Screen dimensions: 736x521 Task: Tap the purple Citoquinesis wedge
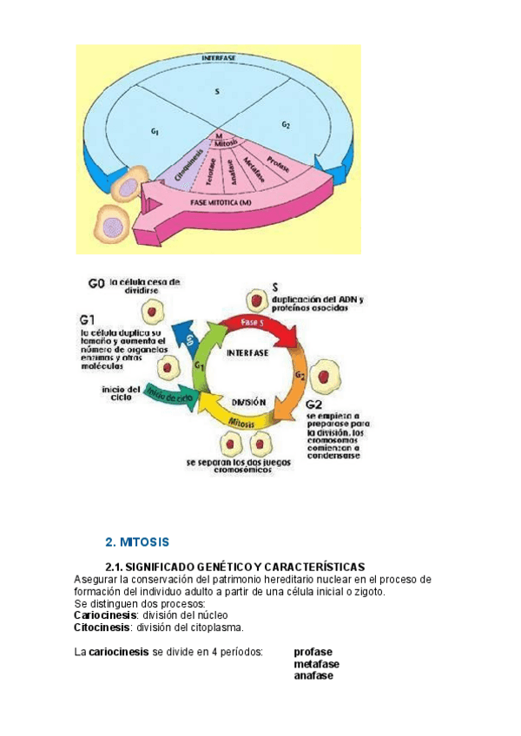coord(188,165)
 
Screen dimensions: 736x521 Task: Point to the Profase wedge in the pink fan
coord(273,163)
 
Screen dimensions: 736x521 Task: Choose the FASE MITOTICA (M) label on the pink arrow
coord(225,201)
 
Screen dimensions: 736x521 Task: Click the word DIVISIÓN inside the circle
coord(247,402)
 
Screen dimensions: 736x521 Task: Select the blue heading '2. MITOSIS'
coord(136,542)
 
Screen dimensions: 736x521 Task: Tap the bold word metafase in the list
coord(316,664)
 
